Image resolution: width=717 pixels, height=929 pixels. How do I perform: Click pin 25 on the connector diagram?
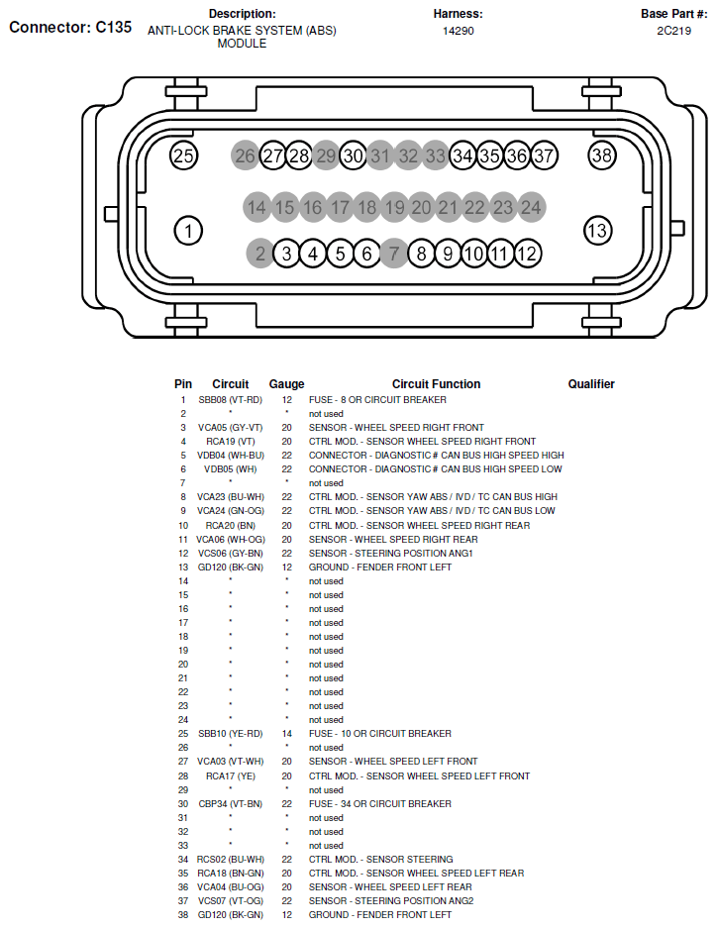[184, 155]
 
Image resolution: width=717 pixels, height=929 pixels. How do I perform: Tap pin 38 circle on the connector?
[602, 155]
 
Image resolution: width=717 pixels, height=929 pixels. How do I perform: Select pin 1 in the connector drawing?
[187, 231]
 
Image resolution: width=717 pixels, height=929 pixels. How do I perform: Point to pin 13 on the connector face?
[597, 231]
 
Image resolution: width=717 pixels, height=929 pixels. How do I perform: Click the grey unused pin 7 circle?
[394, 254]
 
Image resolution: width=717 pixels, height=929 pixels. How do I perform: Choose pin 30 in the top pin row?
[354, 155]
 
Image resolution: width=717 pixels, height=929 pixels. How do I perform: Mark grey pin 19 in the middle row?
[394, 207]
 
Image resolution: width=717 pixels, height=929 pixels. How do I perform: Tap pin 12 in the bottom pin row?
[527, 254]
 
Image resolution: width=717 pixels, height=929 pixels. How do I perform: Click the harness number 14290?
[459, 31]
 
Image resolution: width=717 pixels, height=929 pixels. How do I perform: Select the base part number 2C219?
[673, 31]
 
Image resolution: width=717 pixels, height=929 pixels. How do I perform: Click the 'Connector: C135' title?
[70, 28]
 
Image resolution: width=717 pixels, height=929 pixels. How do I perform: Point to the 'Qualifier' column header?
[591, 384]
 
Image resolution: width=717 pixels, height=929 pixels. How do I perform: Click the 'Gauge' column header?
[286, 384]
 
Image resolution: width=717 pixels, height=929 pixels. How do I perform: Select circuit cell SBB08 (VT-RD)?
[230, 400]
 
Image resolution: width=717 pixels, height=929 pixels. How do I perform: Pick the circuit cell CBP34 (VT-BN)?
[230, 804]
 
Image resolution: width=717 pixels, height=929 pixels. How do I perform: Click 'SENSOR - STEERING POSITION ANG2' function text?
[391, 901]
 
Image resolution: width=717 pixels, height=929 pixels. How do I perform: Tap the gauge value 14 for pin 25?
[286, 734]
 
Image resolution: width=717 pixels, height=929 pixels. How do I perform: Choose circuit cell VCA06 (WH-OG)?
[230, 539]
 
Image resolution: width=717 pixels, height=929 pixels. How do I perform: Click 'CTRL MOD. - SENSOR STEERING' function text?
[381, 860]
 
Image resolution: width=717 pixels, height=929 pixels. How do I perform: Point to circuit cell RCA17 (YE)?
[230, 776]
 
